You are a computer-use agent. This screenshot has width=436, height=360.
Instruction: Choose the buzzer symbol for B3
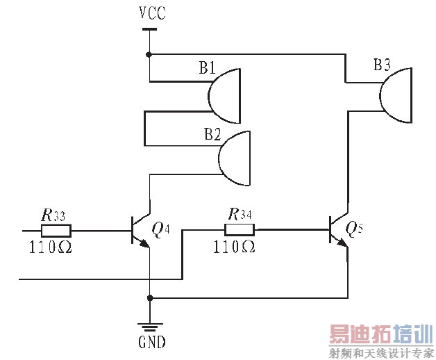(396, 95)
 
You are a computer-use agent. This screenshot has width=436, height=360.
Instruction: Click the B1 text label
(207, 68)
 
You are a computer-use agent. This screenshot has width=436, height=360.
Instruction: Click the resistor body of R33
(56, 229)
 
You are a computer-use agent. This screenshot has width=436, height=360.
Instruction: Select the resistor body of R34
(240, 229)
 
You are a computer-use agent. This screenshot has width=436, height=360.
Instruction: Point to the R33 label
(52, 215)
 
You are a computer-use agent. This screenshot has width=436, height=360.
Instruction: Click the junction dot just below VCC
(149, 54)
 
